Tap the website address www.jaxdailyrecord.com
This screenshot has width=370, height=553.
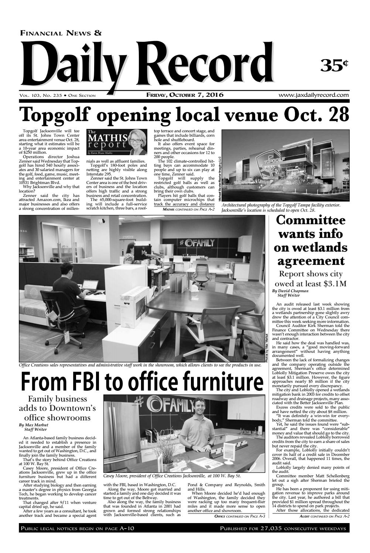pyautogui.click(x=314, y=95)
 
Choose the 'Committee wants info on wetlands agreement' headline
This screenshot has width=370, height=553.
pyautogui.click(x=311, y=240)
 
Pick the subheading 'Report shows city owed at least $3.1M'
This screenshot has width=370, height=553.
pyautogui.click(x=311, y=279)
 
